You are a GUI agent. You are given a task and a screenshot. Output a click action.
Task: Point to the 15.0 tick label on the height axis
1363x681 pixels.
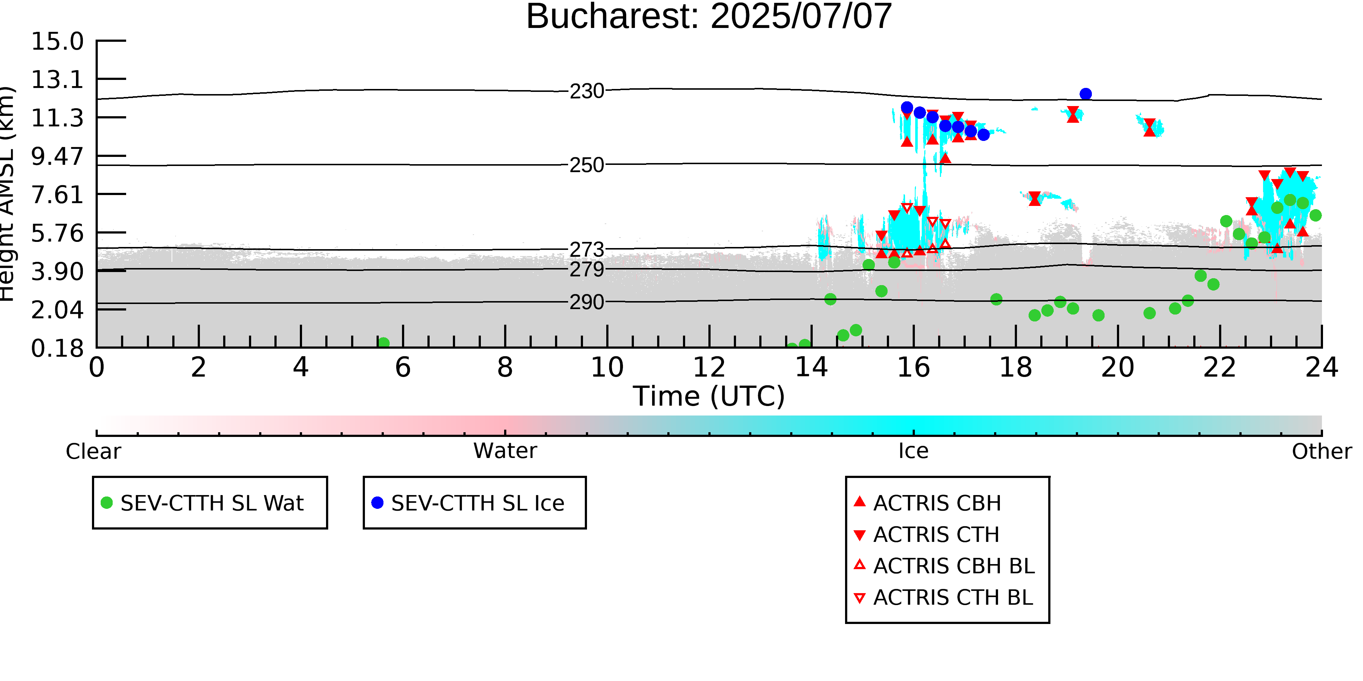57,41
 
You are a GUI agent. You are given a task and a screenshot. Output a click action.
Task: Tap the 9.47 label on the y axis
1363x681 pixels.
57,157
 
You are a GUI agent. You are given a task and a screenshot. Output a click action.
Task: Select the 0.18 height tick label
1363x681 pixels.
57,348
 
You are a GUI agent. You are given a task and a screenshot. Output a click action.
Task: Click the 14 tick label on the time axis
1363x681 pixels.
811,368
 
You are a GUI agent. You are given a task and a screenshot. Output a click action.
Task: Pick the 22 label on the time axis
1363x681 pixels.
1219,368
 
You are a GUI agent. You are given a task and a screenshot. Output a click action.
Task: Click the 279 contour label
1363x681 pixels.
587,269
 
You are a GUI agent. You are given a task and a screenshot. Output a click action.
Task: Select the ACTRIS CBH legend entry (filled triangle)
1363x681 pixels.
928,503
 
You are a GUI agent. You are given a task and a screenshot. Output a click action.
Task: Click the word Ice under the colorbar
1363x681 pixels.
913,451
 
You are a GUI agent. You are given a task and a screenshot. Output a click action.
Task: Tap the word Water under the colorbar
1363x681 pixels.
505,451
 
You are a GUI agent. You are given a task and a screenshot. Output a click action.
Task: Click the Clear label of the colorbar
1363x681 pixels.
93,451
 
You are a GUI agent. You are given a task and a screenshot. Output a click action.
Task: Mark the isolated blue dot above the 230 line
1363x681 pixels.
1086,94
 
